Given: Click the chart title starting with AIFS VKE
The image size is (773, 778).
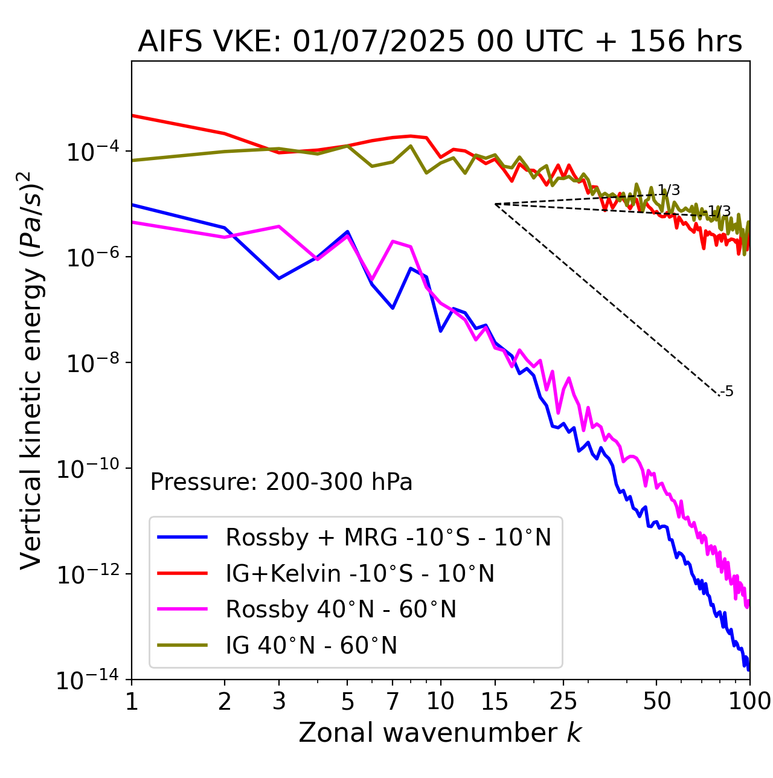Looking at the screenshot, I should [440, 42].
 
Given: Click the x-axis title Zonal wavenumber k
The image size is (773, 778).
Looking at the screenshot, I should [440, 732].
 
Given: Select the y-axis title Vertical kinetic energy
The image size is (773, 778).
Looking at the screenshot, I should [32, 370].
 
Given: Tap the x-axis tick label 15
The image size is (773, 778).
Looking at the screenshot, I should [495, 701].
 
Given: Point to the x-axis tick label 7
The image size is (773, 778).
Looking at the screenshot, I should [393, 701].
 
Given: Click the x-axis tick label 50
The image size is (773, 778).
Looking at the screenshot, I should [656, 701].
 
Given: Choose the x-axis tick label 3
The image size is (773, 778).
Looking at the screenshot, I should [279, 701].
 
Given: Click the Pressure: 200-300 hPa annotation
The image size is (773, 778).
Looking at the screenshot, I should [281, 482].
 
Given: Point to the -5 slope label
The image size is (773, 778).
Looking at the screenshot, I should [728, 391].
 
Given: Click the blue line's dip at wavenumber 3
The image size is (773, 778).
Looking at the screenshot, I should [279, 278].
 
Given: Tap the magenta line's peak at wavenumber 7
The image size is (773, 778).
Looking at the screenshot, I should [393, 242].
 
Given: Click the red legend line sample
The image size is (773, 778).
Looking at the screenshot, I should [182, 573].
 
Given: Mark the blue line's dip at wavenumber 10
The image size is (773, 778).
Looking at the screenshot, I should [441, 331].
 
